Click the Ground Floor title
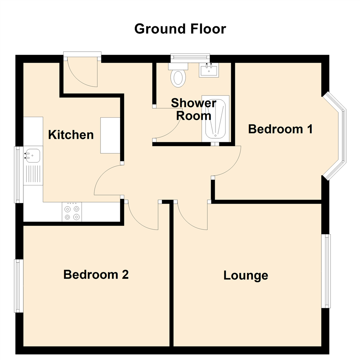pyautogui.click(x=180, y=29)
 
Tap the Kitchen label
pyautogui.click(x=71, y=135)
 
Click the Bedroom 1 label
pyautogui.click(x=280, y=129)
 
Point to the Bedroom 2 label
pyautogui.click(x=96, y=275)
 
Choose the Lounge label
pyautogui.click(x=246, y=276)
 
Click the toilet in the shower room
pyautogui.click(x=178, y=77)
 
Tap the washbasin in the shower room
pyautogui.click(x=209, y=70)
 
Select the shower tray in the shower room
pyautogui.click(x=215, y=119)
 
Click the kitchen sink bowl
pyautogui.click(x=33, y=155)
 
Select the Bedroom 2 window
pyautogui.click(x=18, y=286)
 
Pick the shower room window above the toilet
pyautogui.click(x=190, y=58)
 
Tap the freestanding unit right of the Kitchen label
pyautogui.click(x=110, y=135)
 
